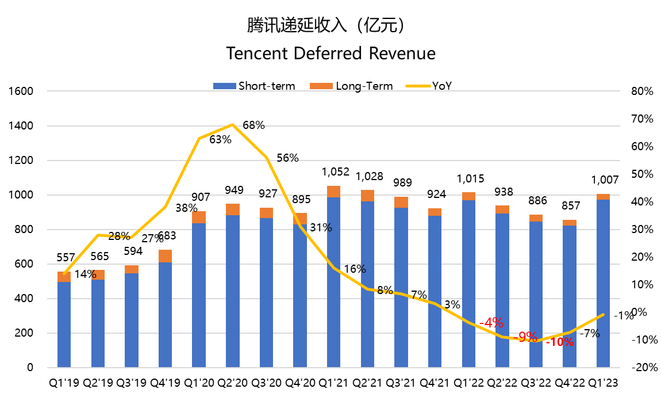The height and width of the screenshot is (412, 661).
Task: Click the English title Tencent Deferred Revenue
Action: click(330, 54)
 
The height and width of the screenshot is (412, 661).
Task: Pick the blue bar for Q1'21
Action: click(333, 282)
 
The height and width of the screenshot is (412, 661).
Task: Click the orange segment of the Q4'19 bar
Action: click(165, 256)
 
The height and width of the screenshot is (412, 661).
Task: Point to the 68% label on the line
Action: click(253, 125)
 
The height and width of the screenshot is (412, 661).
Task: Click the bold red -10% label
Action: click(559, 342)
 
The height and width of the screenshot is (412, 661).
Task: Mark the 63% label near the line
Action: click(220, 139)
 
